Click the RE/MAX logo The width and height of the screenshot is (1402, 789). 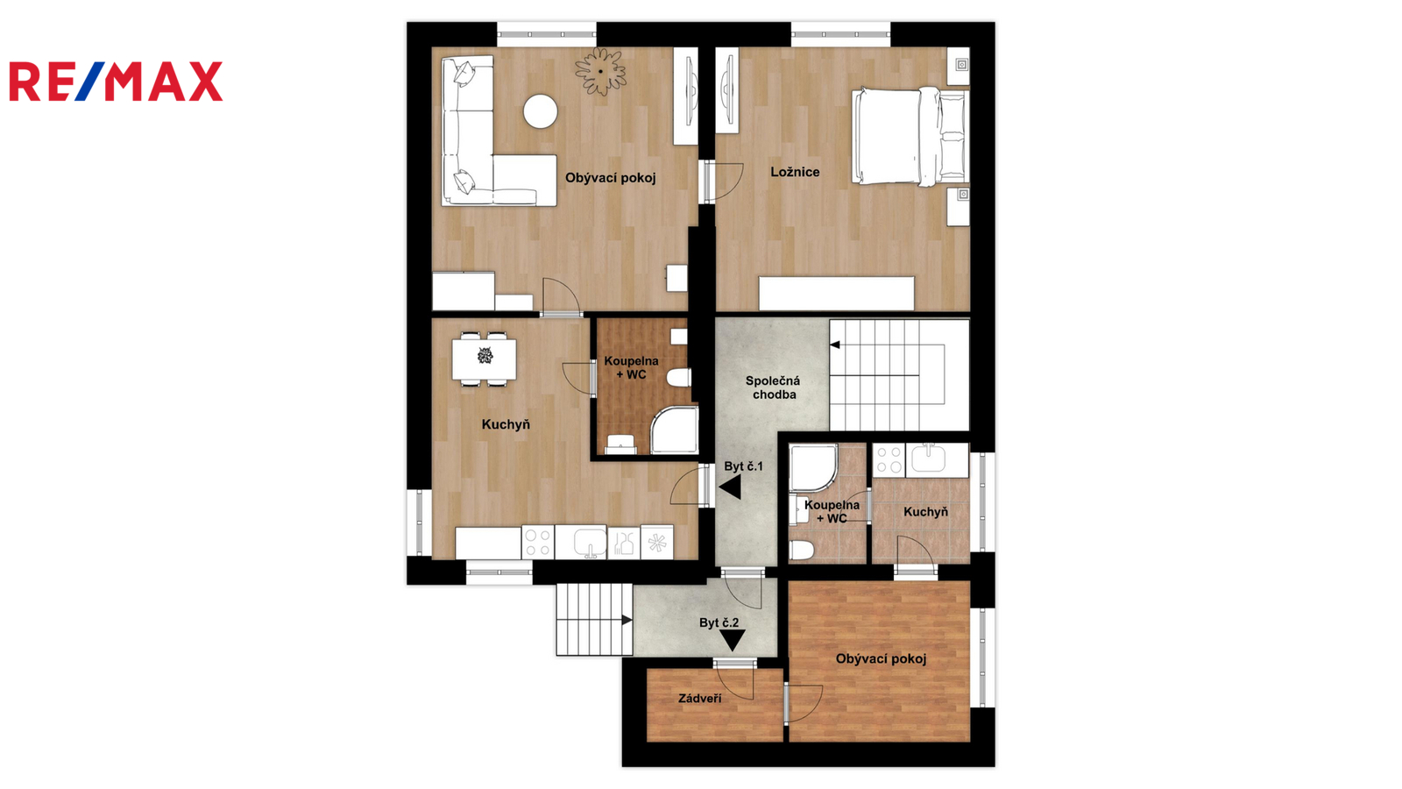tap(116, 82)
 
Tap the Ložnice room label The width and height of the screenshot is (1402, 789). tap(795, 172)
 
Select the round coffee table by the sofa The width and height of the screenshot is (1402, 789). tap(540, 111)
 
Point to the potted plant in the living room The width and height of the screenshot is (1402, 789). tap(601, 71)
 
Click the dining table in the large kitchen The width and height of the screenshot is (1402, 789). tap(485, 359)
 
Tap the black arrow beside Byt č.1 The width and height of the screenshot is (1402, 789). tap(731, 487)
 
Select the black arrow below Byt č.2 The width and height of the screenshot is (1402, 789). tap(732, 640)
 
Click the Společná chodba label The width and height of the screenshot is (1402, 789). tap(773, 387)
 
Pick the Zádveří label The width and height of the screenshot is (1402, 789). tap(700, 698)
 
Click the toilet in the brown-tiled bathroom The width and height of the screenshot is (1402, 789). tap(679, 378)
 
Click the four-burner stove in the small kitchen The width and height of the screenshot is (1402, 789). tap(889, 459)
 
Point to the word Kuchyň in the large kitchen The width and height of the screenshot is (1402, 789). tap(506, 424)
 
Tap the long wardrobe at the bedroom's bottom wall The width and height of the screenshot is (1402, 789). tap(836, 293)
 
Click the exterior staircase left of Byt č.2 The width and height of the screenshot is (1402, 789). tap(594, 620)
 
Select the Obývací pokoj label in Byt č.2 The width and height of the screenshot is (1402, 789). tap(881, 658)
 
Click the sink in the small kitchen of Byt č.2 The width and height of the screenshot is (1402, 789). tap(928, 458)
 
